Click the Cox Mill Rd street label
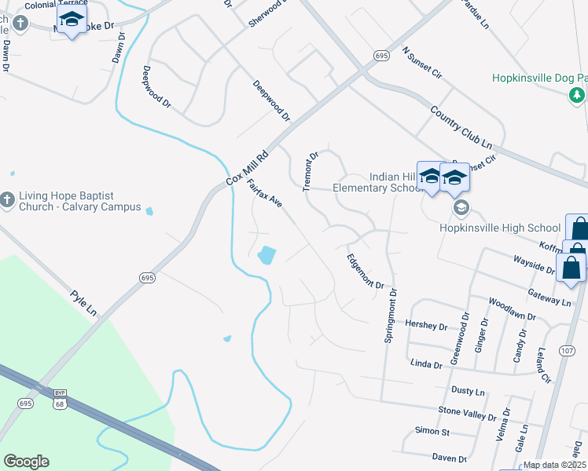248,167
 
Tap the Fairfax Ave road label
264,194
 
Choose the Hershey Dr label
425,325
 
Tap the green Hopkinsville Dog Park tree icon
577,95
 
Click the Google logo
26,462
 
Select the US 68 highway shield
61,403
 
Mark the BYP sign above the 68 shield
61,392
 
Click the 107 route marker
568,349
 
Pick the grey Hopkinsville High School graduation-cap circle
461,207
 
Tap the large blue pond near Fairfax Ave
266,255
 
